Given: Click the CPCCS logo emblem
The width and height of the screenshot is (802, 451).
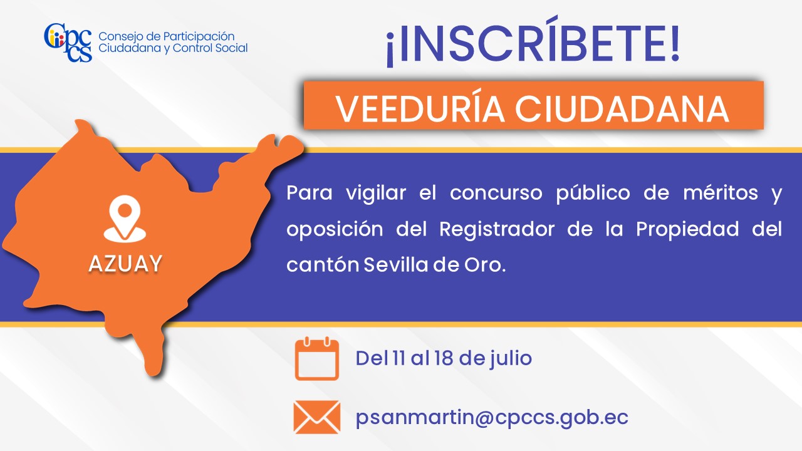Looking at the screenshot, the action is pos(68,43).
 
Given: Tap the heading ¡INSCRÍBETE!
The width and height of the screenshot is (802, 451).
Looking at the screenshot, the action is pos(533,41).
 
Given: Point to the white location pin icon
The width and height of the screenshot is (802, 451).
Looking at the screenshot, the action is pos(125,219).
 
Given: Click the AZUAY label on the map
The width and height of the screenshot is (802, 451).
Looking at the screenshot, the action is pos(125,264).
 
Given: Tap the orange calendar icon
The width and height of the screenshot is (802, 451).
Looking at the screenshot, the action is pos(317,358).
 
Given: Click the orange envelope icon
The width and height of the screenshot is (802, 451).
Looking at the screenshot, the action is pos(317,417).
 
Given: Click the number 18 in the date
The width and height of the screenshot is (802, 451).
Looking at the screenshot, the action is pos(444,358).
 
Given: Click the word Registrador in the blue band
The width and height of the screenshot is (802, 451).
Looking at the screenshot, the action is pos(497,229).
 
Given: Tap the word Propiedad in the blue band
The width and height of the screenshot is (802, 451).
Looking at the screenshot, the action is pos(687,230).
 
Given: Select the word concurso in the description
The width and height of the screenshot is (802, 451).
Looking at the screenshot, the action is pos(496,194).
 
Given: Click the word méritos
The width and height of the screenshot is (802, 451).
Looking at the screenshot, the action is pos(721,193).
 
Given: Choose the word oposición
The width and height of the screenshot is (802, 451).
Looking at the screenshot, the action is pos(335,230).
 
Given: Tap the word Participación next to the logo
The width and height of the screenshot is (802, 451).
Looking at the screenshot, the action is pos(199,36).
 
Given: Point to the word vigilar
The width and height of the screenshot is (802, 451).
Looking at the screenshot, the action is pos(376,194).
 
